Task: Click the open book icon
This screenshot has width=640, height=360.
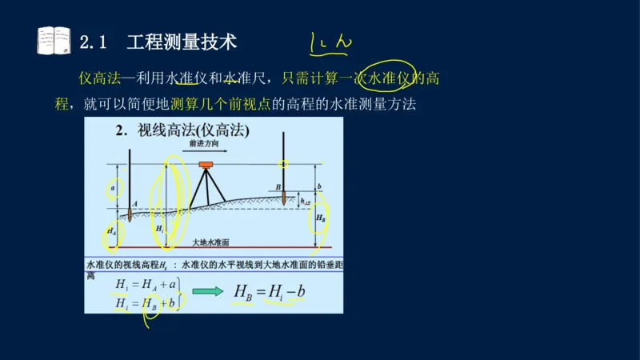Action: pos(54,41)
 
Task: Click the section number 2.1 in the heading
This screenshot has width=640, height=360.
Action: pos(94,42)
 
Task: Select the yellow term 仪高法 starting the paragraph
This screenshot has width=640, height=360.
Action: pos(99,78)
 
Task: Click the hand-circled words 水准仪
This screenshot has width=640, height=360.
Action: pos(388,78)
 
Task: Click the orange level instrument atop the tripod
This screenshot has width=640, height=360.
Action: pos(206,166)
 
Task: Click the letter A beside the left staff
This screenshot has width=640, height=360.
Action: pos(135,202)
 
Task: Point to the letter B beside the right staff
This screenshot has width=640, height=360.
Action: pos(278,187)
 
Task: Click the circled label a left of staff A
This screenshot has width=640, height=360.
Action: pos(113,189)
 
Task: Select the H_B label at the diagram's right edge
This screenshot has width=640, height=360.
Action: pos(321,218)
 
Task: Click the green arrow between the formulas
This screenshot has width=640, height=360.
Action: pos(208,292)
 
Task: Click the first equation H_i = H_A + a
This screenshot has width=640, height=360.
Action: pos(145,284)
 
